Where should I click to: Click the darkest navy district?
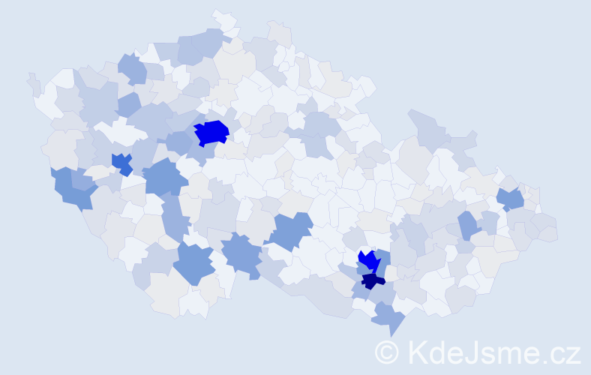pos(372,280)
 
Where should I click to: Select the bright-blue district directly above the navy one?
pos(368,260)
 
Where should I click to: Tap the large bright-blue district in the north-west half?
pos(211,133)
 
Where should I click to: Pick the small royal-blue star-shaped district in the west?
pos(121,163)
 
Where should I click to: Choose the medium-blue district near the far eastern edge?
pos(511,199)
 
